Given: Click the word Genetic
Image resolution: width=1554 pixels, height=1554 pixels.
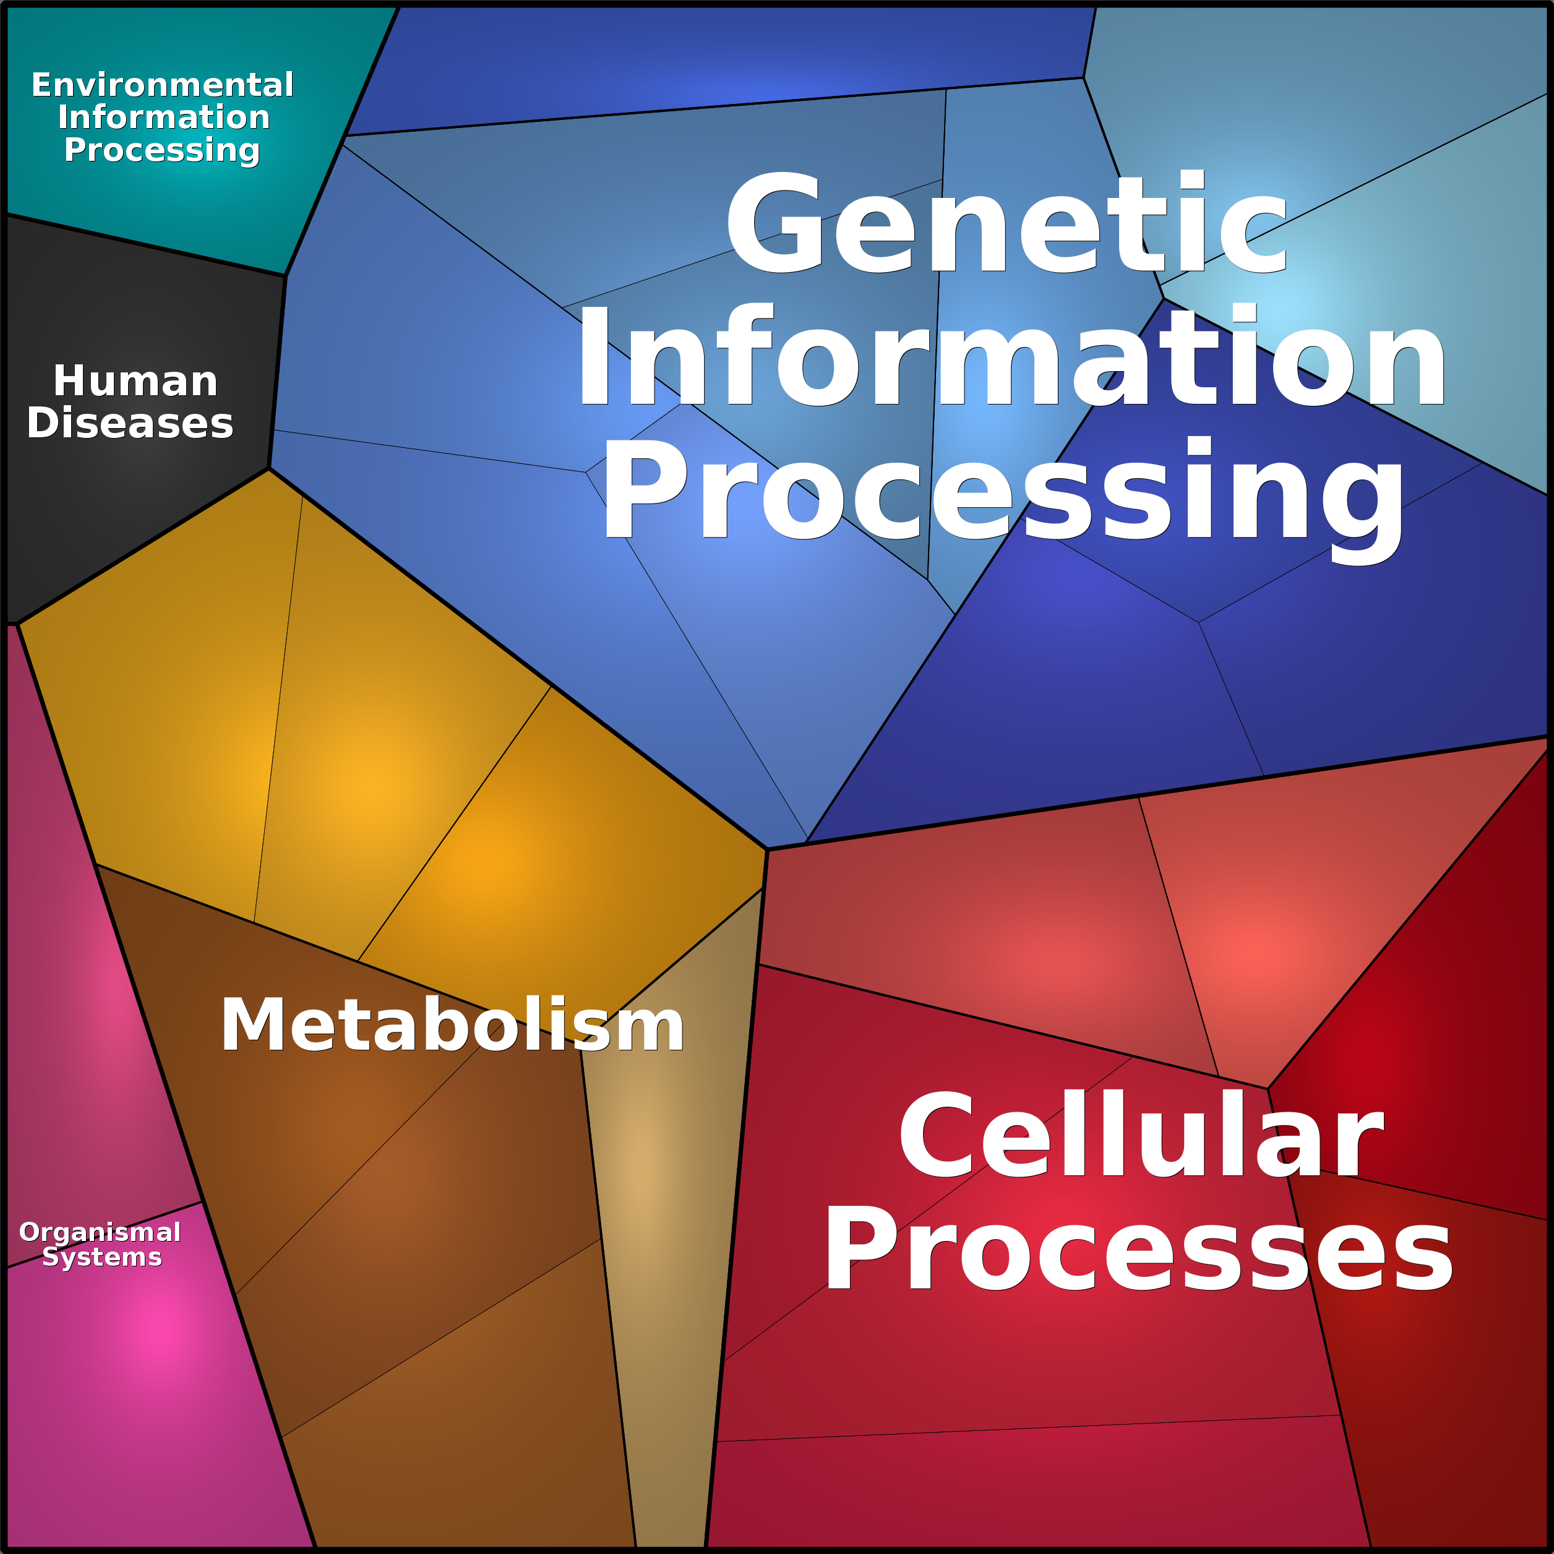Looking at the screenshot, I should pyautogui.click(x=1007, y=223).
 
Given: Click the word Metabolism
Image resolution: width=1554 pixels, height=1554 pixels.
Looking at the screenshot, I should pyautogui.click(x=452, y=1026).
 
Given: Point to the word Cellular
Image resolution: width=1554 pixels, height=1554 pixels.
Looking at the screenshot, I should pyautogui.click(x=1141, y=1136).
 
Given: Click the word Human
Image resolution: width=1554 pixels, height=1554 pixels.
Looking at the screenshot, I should pyautogui.click(x=135, y=381).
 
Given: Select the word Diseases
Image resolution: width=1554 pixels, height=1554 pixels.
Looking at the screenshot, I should pyautogui.click(x=131, y=423).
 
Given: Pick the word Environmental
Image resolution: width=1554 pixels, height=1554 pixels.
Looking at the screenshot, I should pyautogui.click(x=163, y=85).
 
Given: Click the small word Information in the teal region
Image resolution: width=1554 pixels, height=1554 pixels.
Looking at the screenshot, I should pyautogui.click(x=163, y=118).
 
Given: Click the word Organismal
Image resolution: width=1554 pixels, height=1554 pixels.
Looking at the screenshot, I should pyautogui.click(x=100, y=1232).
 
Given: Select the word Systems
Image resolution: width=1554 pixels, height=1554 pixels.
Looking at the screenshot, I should pyautogui.click(x=102, y=1256).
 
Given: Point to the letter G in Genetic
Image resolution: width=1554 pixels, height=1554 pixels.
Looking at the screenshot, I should pyautogui.click(x=774, y=223).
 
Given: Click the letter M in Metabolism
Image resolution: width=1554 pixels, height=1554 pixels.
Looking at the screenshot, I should pyautogui.click(x=252, y=1026).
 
